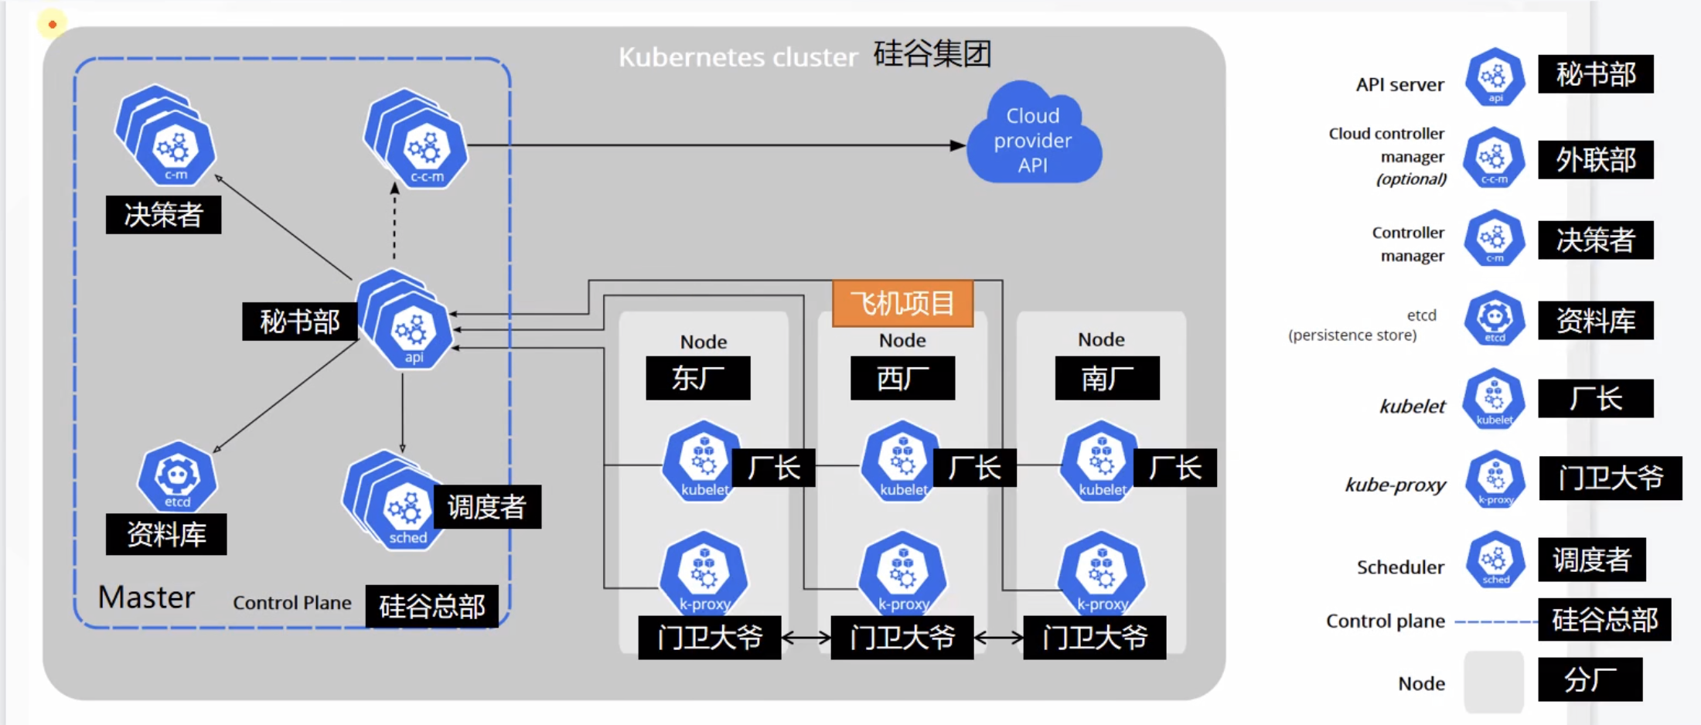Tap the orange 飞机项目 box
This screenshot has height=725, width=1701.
tap(902, 303)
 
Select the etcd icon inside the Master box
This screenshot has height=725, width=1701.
tap(177, 477)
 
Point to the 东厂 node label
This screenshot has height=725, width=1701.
tap(697, 378)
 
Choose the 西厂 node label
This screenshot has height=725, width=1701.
tap(902, 378)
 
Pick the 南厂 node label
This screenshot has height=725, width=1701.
tap(1106, 378)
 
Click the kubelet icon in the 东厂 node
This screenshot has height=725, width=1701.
tap(703, 461)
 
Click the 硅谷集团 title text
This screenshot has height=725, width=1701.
tap(932, 54)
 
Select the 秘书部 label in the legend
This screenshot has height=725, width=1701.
tap(1595, 74)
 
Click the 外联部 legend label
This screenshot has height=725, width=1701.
tap(1595, 160)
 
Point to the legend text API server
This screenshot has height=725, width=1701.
tap(1399, 84)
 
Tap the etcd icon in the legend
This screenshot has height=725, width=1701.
tap(1495, 318)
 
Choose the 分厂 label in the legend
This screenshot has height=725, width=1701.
tap(1590, 679)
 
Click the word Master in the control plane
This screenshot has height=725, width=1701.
tap(146, 597)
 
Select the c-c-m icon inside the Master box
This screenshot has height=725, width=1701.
tap(425, 149)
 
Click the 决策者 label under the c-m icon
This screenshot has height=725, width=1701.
tap(163, 215)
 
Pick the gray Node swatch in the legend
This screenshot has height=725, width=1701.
tap(1494, 682)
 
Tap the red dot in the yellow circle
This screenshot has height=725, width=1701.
tap(53, 25)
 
